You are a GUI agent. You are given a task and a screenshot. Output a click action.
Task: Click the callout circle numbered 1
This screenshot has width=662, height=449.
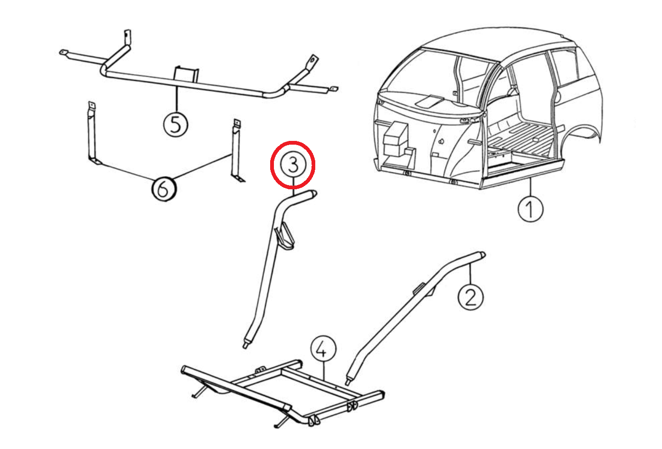530,209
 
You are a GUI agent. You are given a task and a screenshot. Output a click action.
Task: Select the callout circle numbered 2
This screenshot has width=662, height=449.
470,297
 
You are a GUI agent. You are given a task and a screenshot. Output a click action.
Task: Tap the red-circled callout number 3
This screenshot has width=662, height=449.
293,165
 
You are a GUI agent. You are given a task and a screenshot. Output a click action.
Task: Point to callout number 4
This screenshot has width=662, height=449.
323,349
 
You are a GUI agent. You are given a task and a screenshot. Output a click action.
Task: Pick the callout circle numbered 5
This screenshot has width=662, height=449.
176,125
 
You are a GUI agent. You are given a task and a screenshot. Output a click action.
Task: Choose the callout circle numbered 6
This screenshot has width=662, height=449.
164,189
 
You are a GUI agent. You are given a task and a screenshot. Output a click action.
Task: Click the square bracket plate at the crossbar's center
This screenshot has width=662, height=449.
187,76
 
